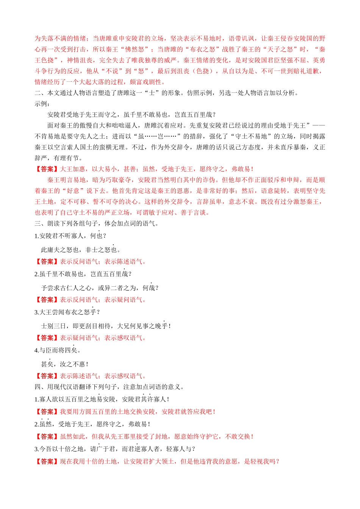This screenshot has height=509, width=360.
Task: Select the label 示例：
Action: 42,104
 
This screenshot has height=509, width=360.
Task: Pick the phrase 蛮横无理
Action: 112,147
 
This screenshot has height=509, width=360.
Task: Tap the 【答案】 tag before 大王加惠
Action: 47,169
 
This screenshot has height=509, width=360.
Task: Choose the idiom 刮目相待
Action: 98,326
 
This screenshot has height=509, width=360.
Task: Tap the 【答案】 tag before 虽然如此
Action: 47,437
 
